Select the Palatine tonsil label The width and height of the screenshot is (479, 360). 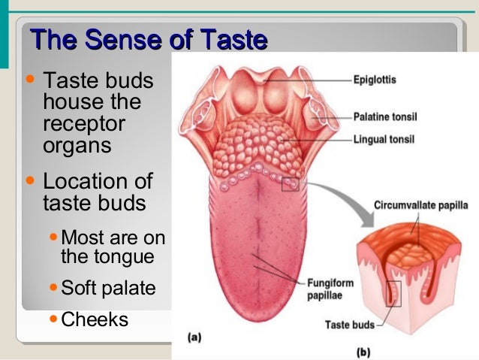click(385, 117)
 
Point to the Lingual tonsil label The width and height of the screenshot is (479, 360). click(383, 139)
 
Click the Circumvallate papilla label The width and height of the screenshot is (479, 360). click(417, 203)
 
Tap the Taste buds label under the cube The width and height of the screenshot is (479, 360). click(349, 325)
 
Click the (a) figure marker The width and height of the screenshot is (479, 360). click(194, 337)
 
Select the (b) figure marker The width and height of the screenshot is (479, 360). click(363, 351)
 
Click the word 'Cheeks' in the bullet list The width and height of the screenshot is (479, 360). click(95, 319)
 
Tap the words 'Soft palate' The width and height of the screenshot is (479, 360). click(108, 288)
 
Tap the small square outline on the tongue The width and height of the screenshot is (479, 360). click(290, 183)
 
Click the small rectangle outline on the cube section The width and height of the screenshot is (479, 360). click(393, 293)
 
